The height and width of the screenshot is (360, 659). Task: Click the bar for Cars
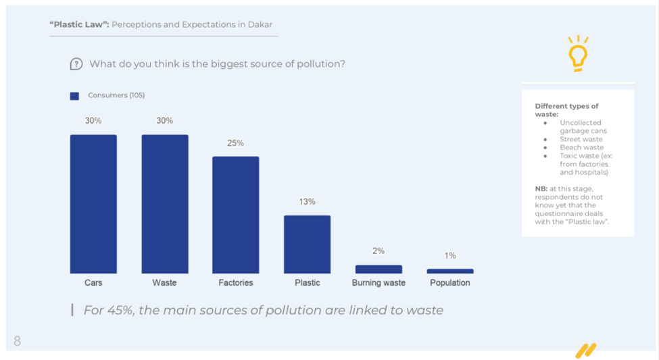[93, 204]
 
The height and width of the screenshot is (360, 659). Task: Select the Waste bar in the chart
[164, 204]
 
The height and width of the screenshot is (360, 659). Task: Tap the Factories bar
[236, 215]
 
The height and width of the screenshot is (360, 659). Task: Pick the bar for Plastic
[307, 245]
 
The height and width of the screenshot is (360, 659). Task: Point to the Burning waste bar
[379, 269]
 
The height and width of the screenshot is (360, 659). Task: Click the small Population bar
[450, 272]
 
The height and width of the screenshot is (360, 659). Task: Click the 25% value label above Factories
[236, 143]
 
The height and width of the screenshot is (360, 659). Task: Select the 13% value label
[307, 202]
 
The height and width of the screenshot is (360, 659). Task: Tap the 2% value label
[379, 251]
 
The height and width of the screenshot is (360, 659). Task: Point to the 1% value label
[450, 256]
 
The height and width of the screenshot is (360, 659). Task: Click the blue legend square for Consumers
[74, 96]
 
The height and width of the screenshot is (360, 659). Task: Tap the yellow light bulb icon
[578, 54]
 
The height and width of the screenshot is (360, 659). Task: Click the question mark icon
[76, 64]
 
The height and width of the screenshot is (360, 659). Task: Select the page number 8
[18, 341]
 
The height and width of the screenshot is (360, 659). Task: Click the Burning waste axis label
[379, 283]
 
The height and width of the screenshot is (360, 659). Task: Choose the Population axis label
[450, 283]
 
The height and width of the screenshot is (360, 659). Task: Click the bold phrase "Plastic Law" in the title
[78, 25]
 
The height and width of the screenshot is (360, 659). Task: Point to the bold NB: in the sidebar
[541, 189]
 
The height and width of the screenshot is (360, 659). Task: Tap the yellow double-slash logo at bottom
[585, 351]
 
